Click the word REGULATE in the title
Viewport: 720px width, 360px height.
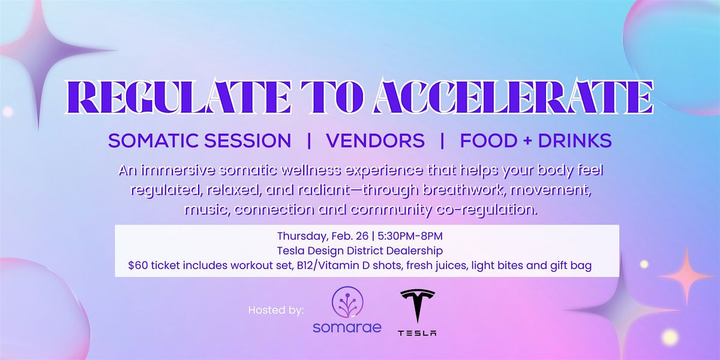178,97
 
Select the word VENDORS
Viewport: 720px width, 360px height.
376,141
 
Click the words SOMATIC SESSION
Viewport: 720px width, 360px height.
200,141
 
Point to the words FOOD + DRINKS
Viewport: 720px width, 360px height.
536,141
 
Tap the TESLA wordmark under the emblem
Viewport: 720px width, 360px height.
417,333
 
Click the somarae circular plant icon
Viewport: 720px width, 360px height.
347,302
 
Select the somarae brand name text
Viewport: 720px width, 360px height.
347,328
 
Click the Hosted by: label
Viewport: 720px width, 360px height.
276,310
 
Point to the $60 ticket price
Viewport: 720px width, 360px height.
138,265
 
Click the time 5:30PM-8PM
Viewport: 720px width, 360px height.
410,236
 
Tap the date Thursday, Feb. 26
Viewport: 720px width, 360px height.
323,236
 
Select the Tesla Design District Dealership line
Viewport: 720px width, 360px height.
360,251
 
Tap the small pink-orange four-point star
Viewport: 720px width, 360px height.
686,277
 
